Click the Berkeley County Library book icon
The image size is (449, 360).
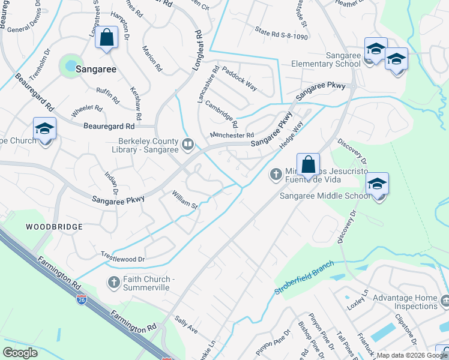coord(188,143)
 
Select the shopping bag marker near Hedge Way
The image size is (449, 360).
coord(308,164)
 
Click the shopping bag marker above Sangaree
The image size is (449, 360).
coord(106,38)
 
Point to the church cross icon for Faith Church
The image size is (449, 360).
coord(114,281)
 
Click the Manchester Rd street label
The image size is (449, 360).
coord(232,135)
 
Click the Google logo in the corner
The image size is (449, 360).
coord(20,352)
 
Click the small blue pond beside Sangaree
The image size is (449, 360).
coord(70,64)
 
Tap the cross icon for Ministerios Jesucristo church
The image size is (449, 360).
coord(276,174)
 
